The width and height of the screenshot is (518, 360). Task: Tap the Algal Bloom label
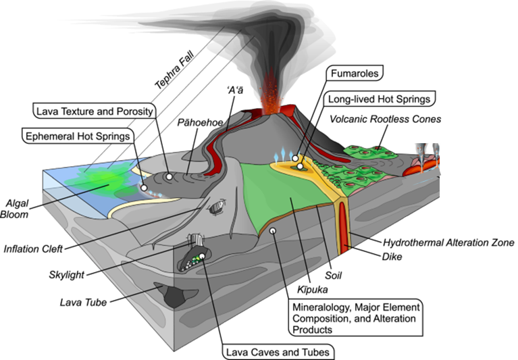click(x=18, y=210)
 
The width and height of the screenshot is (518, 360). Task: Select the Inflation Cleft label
click(x=32, y=249)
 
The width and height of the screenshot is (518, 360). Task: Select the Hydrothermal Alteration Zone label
click(x=448, y=242)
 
